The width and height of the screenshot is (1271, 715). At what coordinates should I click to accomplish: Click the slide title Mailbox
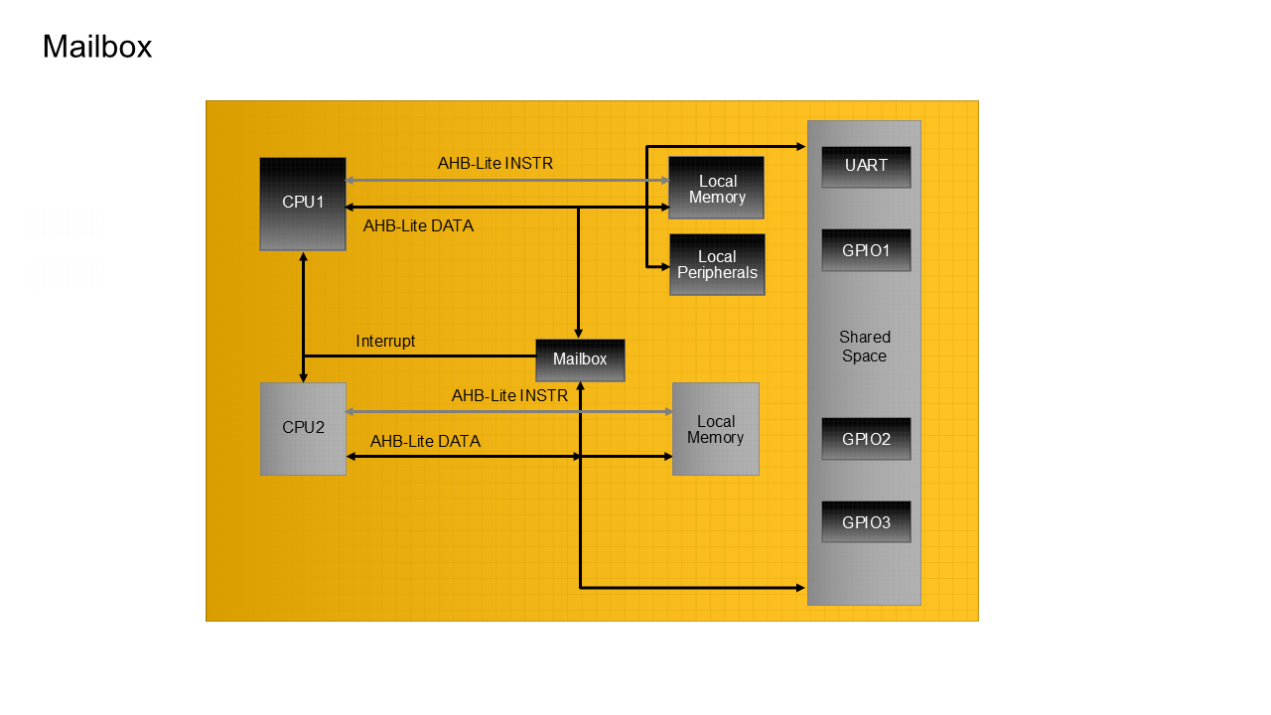tap(97, 47)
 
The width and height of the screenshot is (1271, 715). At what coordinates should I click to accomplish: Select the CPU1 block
tap(303, 204)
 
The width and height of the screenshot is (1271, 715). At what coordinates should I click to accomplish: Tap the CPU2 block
tap(303, 429)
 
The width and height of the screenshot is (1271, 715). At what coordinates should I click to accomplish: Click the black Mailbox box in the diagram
tap(580, 359)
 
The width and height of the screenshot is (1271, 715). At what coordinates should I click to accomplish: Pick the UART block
tap(866, 167)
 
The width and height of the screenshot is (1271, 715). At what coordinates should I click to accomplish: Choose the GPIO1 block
tap(866, 250)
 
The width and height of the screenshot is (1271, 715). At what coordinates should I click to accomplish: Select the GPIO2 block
tap(866, 439)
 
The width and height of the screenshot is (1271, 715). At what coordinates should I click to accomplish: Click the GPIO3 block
tap(866, 522)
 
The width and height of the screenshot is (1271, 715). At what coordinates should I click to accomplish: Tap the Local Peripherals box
tap(717, 265)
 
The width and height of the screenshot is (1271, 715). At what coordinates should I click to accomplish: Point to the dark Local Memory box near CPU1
tap(716, 188)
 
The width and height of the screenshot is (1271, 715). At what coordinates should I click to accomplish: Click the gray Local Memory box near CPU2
tap(715, 429)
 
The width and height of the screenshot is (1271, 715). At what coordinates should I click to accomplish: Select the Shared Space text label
tap(864, 347)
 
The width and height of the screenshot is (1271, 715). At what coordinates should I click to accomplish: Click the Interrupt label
tap(385, 342)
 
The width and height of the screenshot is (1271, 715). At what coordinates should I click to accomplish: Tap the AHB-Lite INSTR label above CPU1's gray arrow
tap(495, 163)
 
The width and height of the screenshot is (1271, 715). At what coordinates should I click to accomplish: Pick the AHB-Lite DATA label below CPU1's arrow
tap(418, 226)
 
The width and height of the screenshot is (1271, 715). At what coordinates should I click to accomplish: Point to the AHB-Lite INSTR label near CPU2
tap(509, 396)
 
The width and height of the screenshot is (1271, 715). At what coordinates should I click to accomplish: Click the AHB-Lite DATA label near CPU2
tap(425, 442)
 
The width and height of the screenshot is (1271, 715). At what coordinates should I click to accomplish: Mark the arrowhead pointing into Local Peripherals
tap(664, 266)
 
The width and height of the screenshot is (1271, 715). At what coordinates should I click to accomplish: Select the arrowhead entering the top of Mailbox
tap(579, 334)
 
